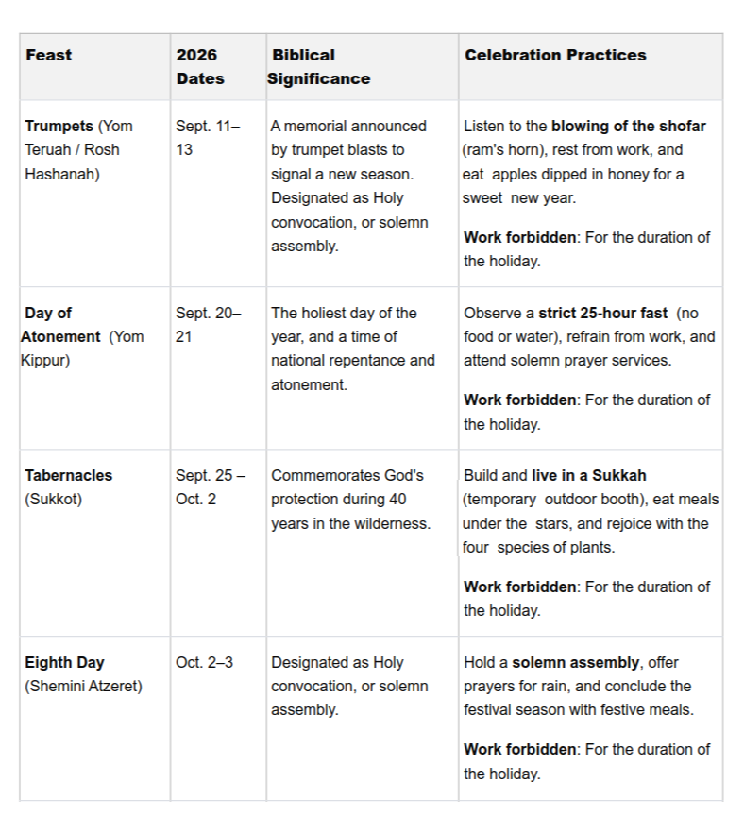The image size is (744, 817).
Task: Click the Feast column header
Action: point(49,56)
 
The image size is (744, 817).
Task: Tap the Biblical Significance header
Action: point(318,67)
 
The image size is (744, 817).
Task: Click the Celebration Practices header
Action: point(555,56)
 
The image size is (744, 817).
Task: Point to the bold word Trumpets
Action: point(59,127)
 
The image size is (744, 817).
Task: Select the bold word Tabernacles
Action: point(69,476)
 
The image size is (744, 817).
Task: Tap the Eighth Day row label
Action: point(64,663)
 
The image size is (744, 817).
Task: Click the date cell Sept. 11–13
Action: point(207,138)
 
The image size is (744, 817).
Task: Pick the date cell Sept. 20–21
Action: point(208,325)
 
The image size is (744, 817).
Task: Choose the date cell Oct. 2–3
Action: point(204,663)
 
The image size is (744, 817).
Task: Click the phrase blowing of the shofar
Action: point(629,127)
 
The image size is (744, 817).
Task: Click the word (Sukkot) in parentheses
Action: point(54,500)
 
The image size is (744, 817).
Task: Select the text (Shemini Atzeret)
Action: point(84,687)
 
